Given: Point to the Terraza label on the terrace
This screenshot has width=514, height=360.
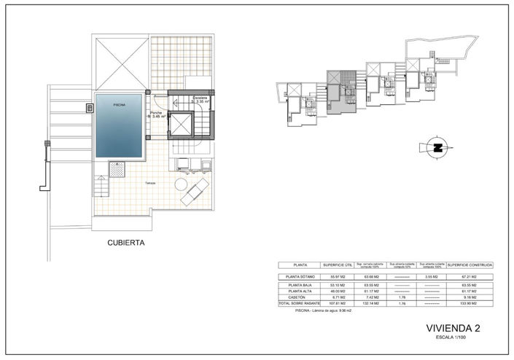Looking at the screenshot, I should (149, 182).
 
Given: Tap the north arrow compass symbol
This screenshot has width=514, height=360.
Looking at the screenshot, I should (437, 148).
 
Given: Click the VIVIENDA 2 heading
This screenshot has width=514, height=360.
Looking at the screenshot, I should (453, 329).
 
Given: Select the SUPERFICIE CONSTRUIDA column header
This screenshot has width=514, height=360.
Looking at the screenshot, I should (470, 265).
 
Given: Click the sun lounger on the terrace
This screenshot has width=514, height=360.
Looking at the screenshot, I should (195, 193).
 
